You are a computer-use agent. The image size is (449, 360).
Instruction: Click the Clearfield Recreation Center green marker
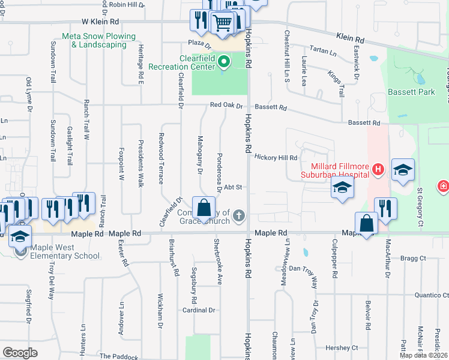coord(224,61)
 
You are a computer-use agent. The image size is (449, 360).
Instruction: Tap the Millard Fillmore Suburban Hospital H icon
coord(378,170)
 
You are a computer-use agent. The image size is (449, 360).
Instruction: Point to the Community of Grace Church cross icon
coord(239,215)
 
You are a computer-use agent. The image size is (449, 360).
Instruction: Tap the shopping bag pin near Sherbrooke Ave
coord(204,208)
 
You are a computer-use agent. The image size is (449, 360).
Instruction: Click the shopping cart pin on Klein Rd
coord(222,22)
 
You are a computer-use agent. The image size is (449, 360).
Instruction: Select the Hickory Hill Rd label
coord(276,158)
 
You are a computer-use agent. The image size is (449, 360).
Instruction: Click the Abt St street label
coord(232,187)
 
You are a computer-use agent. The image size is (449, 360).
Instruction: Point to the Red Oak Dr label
coord(226,106)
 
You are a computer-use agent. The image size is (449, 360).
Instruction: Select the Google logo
coord(20,353)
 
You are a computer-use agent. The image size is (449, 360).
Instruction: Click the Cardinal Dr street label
coord(199,310)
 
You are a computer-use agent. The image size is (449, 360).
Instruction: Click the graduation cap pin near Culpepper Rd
coord(342,189)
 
